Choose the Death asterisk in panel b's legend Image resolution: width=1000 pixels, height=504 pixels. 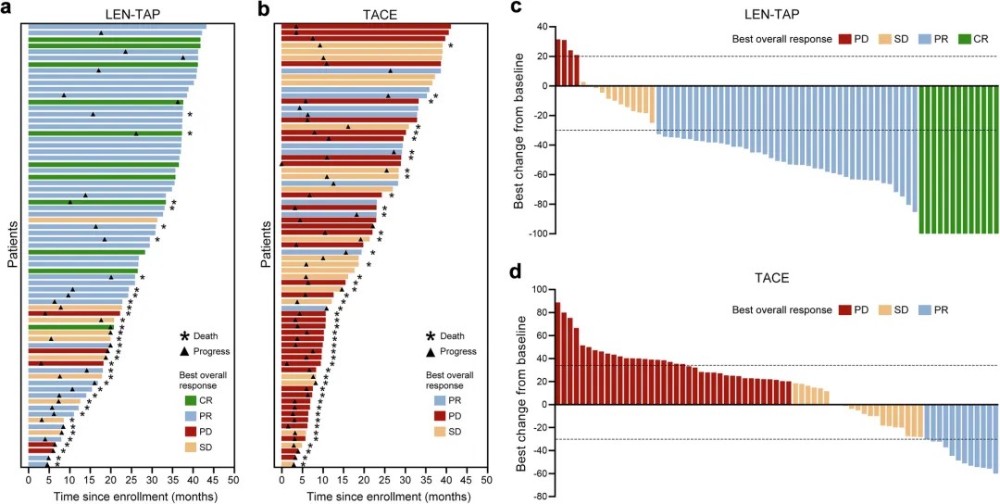tap(431, 337)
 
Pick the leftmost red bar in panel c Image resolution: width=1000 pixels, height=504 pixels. tap(557, 63)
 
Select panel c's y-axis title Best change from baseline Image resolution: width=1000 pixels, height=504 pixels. tap(519, 130)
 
